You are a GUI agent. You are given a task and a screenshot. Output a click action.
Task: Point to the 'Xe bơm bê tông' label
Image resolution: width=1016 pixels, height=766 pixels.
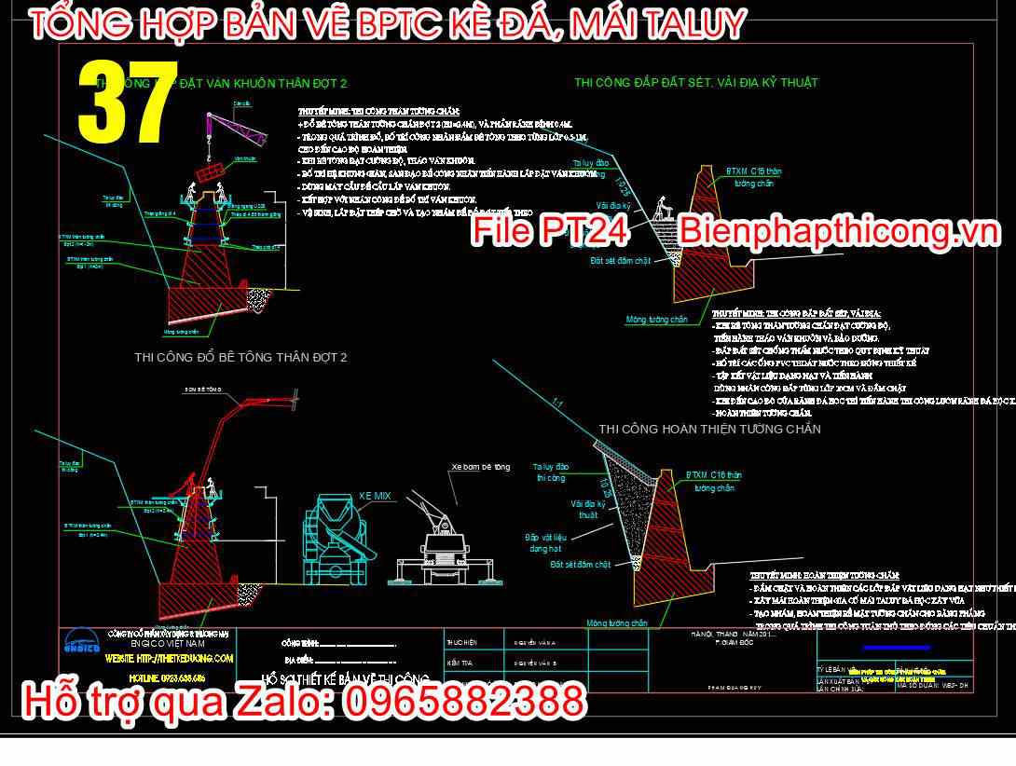point(481,467)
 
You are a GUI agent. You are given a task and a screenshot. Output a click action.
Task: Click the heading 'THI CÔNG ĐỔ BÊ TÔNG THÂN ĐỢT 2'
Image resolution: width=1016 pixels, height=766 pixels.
point(240,358)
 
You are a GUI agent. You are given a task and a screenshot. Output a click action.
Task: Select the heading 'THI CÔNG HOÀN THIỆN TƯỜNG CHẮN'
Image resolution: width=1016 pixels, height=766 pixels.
point(709,429)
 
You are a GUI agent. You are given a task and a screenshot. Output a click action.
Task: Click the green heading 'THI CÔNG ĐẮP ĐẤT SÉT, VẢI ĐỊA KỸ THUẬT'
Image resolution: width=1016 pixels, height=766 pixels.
point(696,83)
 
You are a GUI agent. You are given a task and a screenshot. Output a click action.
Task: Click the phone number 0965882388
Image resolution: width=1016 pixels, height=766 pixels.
point(465,700)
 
